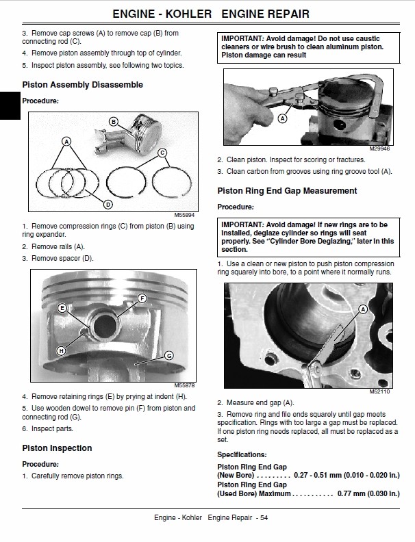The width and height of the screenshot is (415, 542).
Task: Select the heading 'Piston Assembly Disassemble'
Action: (x=82, y=85)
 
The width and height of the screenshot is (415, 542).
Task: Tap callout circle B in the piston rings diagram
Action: (x=114, y=121)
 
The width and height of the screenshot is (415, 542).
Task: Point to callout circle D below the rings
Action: (x=108, y=203)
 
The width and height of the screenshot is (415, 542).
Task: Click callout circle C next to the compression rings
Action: (x=162, y=152)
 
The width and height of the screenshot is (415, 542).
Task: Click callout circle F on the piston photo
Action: (x=142, y=298)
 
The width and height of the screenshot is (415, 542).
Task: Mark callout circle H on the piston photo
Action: (x=61, y=350)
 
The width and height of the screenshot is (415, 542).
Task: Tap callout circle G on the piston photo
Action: (x=168, y=355)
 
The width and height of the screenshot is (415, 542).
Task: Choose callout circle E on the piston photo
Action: (x=62, y=308)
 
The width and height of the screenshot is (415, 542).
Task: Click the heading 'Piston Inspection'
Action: (x=57, y=448)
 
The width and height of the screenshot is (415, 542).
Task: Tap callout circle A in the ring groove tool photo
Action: (x=281, y=118)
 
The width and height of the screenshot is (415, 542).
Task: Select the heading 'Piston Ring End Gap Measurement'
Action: (x=287, y=191)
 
